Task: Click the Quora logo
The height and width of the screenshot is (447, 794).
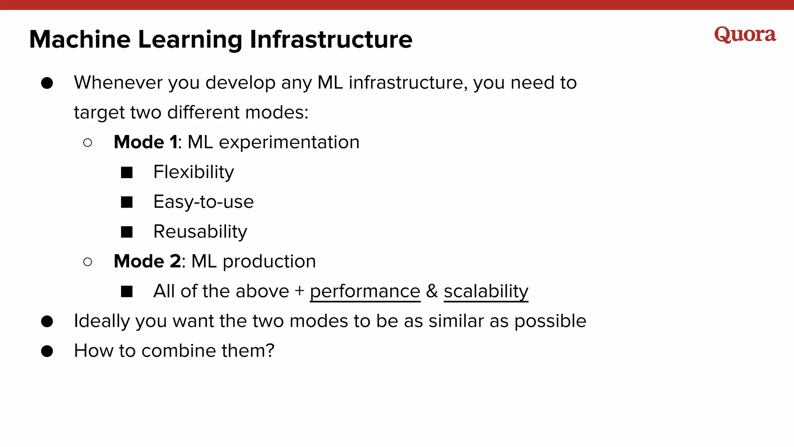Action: [745, 35]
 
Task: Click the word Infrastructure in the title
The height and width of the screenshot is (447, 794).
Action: [331, 40]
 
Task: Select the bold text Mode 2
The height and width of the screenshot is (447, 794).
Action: [147, 261]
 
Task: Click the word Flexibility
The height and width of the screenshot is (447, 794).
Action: [193, 172]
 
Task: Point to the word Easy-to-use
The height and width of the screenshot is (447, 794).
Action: [203, 202]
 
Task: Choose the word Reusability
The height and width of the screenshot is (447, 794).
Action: [200, 232]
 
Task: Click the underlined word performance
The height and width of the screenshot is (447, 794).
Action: [365, 291]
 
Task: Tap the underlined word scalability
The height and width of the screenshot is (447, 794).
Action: [486, 291]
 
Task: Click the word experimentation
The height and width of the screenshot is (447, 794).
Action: [289, 142]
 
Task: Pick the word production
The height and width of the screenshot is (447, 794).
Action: [269, 262]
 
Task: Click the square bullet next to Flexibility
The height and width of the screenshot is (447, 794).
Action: [127, 172]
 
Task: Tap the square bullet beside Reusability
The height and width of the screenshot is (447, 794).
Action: [127, 232]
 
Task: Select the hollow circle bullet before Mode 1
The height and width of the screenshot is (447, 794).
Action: [88, 143]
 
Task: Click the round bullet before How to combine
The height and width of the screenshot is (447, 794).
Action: [47, 351]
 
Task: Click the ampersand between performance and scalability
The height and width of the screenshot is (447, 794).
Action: [432, 291]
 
